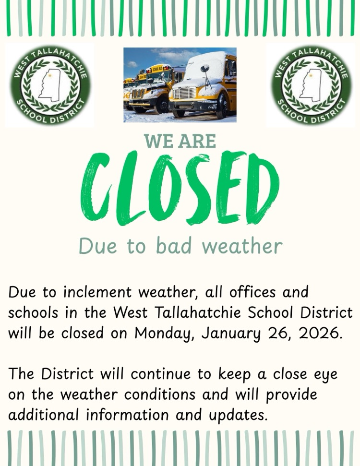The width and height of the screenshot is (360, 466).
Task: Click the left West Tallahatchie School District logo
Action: point(50,85)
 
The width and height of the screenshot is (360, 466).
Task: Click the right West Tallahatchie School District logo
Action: point(311,85)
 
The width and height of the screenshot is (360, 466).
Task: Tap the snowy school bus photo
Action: point(180,85)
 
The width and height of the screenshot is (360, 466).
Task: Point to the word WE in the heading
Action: point(159,141)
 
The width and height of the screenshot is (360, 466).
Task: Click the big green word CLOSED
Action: point(180,188)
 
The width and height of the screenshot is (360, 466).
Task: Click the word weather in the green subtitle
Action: point(242,246)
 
